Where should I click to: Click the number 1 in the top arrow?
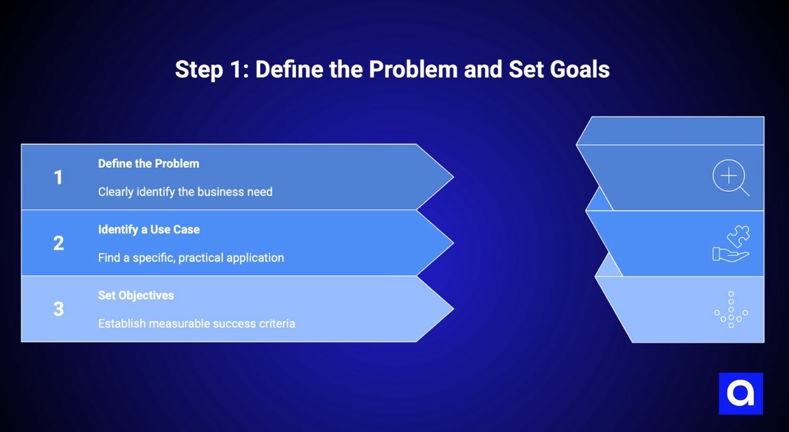[58, 178]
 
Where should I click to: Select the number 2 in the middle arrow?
[58, 243]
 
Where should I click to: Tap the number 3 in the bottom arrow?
[58, 309]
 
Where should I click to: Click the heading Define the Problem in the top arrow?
[149, 164]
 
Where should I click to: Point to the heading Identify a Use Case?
[149, 230]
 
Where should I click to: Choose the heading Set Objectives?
[136, 295]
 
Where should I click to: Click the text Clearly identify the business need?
[185, 192]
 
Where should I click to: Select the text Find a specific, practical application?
[190, 257]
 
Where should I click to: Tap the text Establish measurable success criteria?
[196, 323]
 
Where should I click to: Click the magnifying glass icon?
[730, 178]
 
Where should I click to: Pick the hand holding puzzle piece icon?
[731, 243]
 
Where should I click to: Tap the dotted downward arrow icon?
[731, 309]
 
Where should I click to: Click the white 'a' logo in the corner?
[740, 394]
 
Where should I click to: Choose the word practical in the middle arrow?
[203, 257]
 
